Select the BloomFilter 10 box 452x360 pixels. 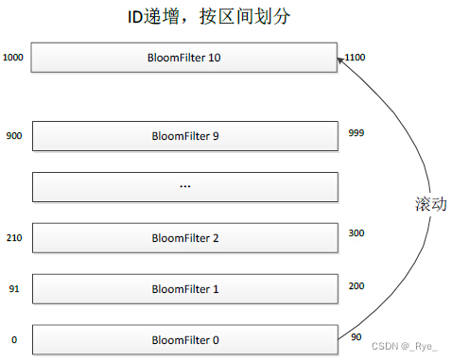tap(184, 57)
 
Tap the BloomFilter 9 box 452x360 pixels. tap(184, 135)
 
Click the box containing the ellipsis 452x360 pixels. tap(184, 186)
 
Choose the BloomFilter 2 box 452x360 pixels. tap(184, 237)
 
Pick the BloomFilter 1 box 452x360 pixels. tap(184, 288)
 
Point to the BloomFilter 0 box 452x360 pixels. tap(184, 339)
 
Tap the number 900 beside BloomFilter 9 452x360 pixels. tap(12, 134)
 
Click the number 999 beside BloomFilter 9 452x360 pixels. tap(356, 133)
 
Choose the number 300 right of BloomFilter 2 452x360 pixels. tap(356, 232)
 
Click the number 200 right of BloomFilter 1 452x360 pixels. tap(356, 283)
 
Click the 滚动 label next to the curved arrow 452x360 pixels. tap(428, 205)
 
